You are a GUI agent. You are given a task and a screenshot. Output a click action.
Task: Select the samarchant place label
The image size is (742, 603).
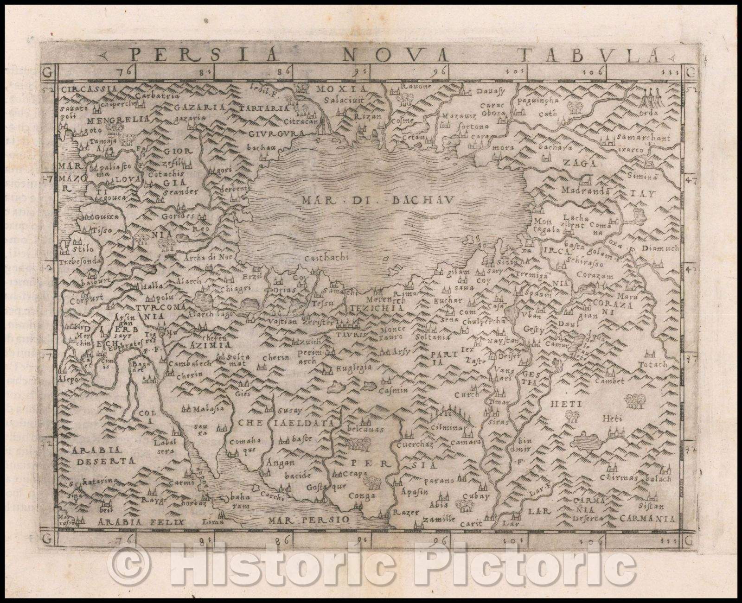coord(638,138)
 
